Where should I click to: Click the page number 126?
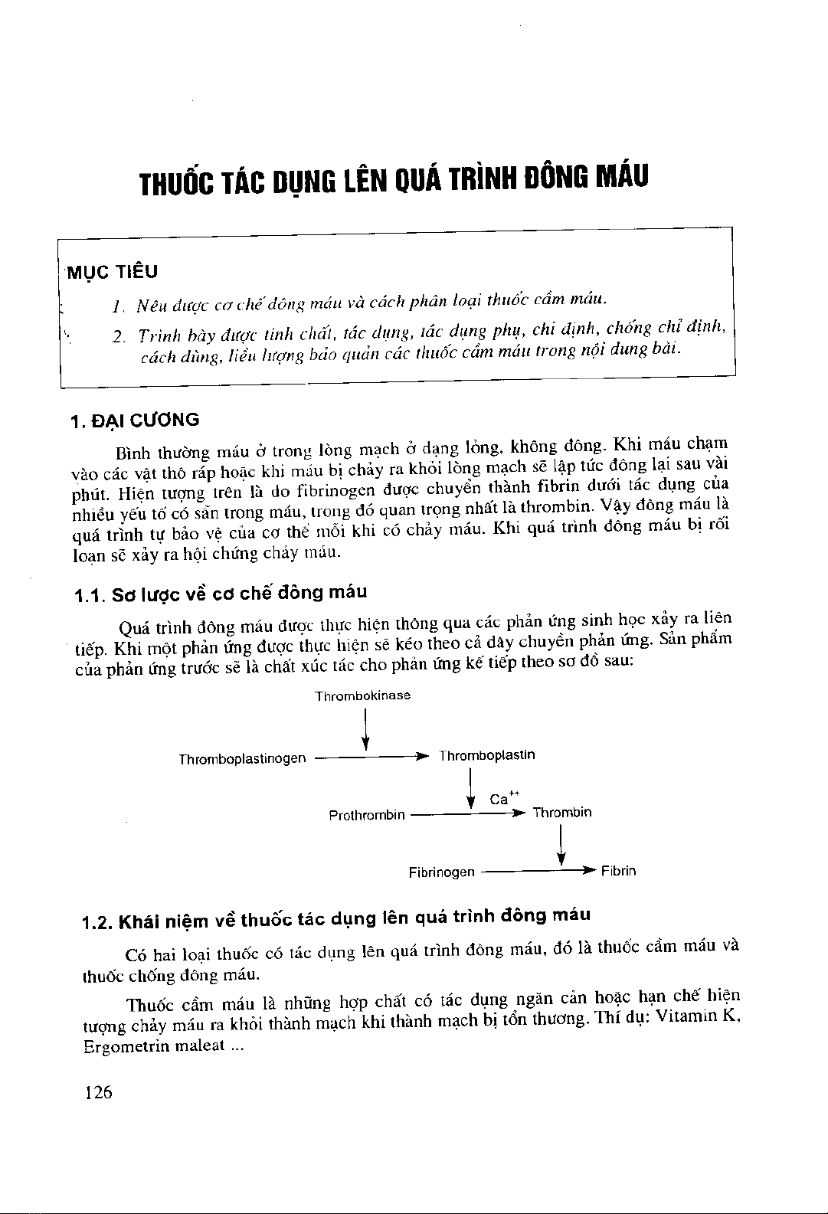[99, 1092]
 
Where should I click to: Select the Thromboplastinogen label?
[242, 759]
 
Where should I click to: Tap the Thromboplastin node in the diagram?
[486, 755]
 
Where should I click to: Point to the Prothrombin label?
[366, 815]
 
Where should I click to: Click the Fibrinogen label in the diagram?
[441, 872]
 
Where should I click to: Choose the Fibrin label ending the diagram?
[618, 871]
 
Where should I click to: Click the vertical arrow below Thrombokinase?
[366, 729]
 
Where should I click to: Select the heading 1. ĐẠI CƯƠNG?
[134, 420]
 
